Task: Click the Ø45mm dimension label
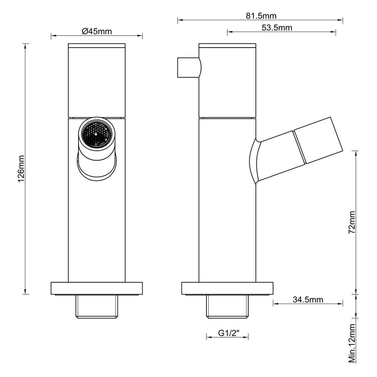[97, 32]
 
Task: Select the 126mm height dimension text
[20, 169]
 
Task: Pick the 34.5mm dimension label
[307, 299]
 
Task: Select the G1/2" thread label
[228, 333]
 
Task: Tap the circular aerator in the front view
[96, 133]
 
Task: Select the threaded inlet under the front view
[97, 306]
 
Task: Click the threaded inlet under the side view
[228, 306]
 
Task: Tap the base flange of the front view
[97, 288]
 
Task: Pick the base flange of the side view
[228, 288]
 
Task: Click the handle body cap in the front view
[97, 80]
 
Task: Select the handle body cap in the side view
[228, 80]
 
